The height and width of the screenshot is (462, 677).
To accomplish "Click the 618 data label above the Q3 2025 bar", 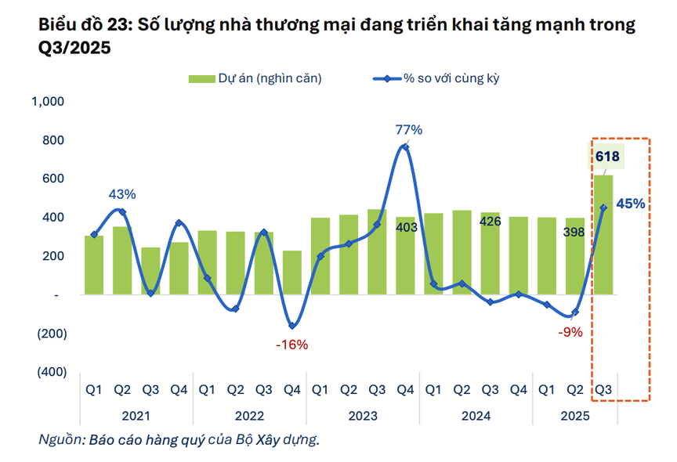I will pos(606,157).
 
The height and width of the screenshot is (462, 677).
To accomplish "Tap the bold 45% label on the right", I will pos(631,204).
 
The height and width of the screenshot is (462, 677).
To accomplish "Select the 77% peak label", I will pos(408,129).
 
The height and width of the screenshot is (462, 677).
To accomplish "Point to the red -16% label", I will pos(292,345).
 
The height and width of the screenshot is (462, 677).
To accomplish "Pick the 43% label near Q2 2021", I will pos(122,193).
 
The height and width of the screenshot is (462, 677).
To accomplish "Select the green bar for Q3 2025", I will pos(603,235).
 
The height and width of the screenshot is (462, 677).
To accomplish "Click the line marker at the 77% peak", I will pos(404,147).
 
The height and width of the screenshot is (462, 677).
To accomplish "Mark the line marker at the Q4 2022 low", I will pos(292,326).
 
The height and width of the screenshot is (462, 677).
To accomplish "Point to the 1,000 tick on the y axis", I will pos(49,102).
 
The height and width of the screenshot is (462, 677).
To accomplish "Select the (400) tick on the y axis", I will pos(52,372).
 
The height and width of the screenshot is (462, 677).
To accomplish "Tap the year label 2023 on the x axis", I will pos(363,416).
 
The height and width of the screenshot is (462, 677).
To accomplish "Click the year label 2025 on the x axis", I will pos(574,416).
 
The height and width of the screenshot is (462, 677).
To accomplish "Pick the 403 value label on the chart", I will pos(405,228).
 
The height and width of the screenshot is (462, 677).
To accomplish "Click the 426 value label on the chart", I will pos(490,222).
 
